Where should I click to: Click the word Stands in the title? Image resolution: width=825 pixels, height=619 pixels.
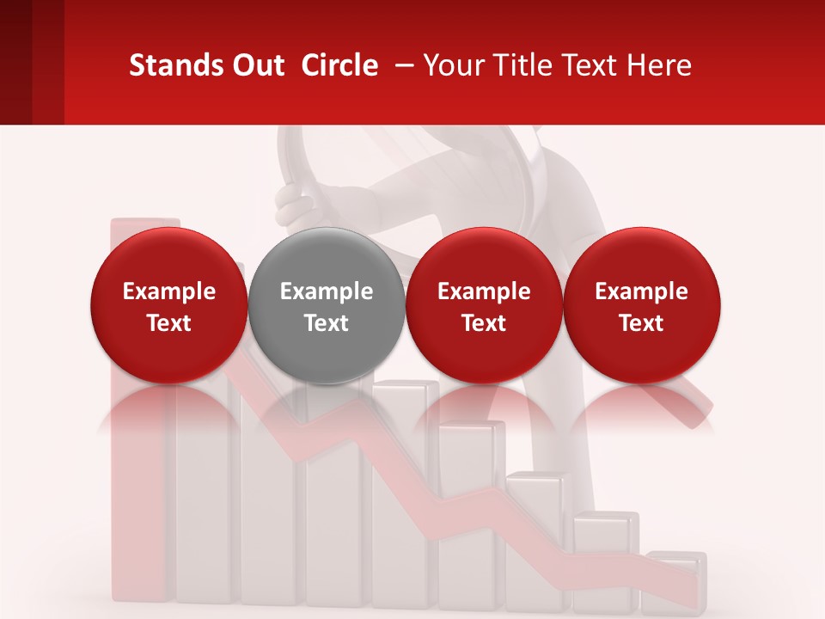pyautogui.click(x=174, y=65)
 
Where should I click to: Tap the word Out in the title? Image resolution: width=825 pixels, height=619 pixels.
pyautogui.click(x=257, y=65)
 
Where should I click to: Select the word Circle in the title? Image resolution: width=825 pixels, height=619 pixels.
pyautogui.click(x=339, y=65)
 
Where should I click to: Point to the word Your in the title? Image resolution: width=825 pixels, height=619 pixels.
pyautogui.click(x=452, y=65)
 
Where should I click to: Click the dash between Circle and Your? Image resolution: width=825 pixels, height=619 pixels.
pyautogui.click(x=400, y=65)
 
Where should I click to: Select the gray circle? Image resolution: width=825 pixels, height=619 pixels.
pyautogui.click(x=327, y=304)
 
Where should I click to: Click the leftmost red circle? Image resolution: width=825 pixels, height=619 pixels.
pyautogui.click(x=169, y=304)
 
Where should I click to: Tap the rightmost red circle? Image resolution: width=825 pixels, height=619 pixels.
pyautogui.click(x=641, y=304)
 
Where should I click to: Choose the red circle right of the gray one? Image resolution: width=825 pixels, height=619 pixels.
pyautogui.click(x=484, y=304)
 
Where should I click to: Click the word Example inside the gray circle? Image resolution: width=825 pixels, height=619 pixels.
pyautogui.click(x=327, y=291)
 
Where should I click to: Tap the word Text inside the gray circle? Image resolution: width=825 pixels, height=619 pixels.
pyautogui.click(x=327, y=323)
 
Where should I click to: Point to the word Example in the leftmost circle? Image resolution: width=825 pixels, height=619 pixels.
pyautogui.click(x=169, y=291)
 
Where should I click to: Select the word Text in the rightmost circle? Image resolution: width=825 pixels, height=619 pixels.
pyautogui.click(x=641, y=323)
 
